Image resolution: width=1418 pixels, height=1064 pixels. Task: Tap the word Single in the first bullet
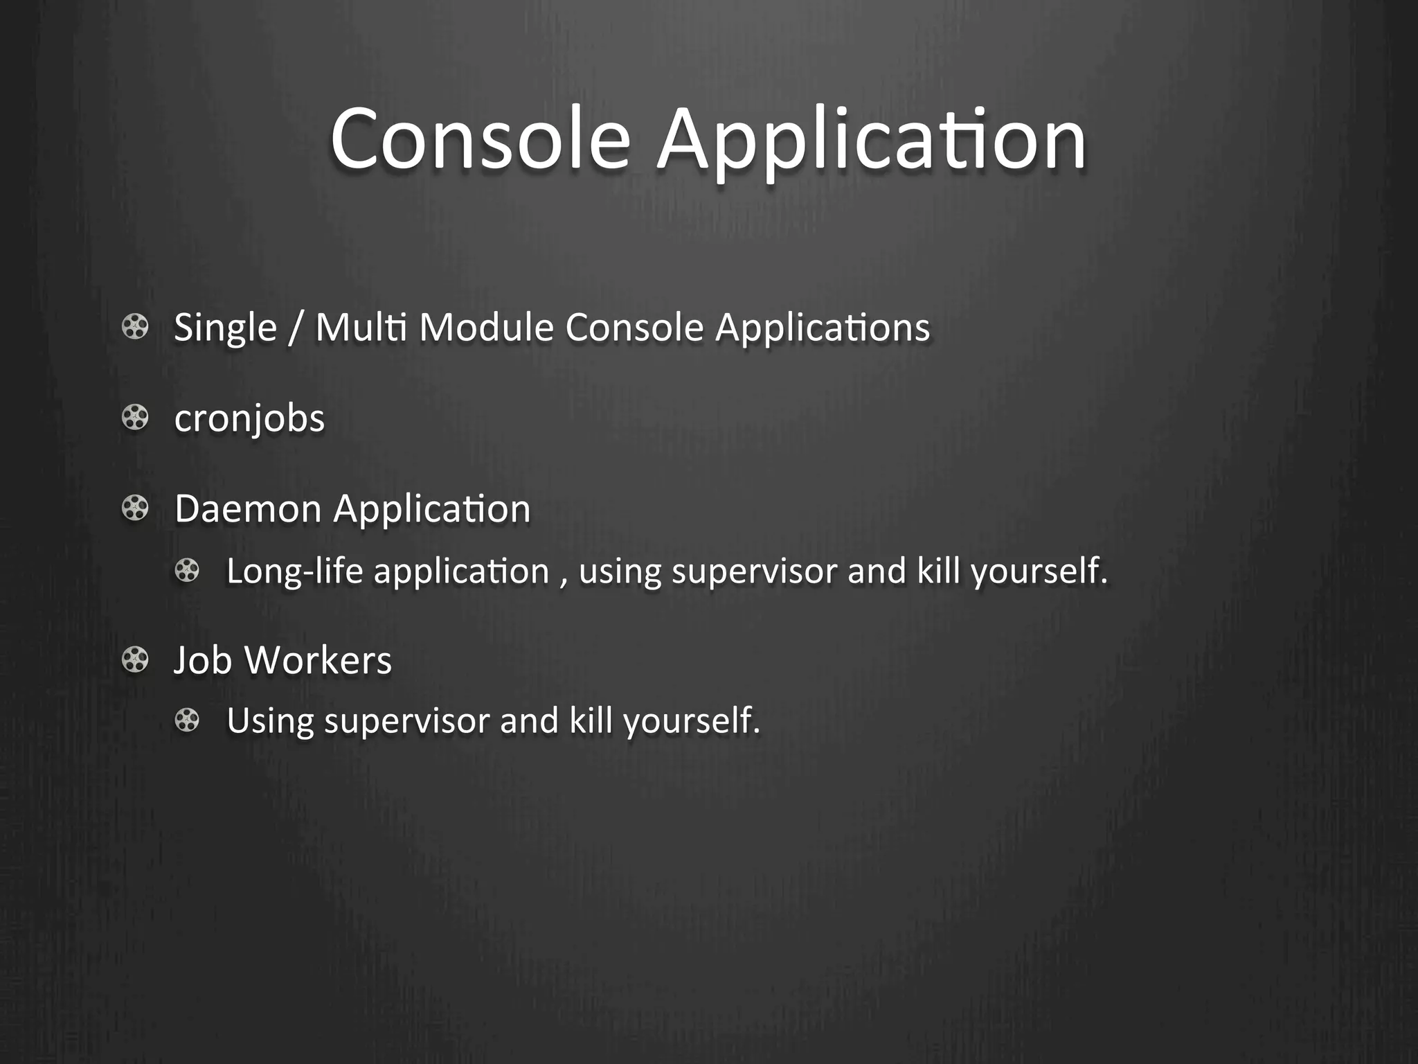point(225,328)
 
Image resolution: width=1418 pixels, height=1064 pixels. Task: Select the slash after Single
point(296,328)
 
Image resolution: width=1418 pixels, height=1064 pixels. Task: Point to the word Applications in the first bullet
point(822,328)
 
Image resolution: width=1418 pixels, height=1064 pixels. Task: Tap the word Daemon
point(248,509)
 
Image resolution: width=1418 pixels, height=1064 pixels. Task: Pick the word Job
point(202,660)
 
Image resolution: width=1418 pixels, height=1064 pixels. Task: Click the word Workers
point(318,660)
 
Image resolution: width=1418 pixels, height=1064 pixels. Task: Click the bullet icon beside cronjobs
point(135,418)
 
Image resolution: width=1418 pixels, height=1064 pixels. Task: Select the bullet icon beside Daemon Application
point(135,508)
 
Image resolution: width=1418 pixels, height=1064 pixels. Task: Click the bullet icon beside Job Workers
point(135,659)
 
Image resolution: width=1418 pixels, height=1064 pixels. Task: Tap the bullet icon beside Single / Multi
point(135,327)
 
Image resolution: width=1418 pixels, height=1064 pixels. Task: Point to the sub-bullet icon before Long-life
point(187,571)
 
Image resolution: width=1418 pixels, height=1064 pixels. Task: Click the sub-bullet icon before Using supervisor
point(187,720)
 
